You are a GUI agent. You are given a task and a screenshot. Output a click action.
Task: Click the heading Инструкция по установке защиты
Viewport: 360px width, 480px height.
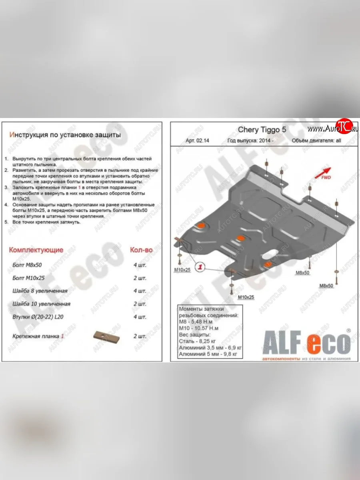[65, 135]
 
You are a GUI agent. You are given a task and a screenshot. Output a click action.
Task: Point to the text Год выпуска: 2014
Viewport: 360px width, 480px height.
[250, 141]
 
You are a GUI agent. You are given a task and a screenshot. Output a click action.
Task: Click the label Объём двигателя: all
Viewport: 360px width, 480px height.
[316, 141]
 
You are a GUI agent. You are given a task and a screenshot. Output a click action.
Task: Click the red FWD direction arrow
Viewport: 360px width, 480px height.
[322, 172]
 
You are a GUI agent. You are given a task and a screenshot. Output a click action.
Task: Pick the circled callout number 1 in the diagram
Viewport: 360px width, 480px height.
[200, 267]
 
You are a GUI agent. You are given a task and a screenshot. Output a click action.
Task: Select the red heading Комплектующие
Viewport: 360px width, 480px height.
[36, 250]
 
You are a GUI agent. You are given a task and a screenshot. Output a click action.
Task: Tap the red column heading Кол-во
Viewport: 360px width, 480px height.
[141, 250]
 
